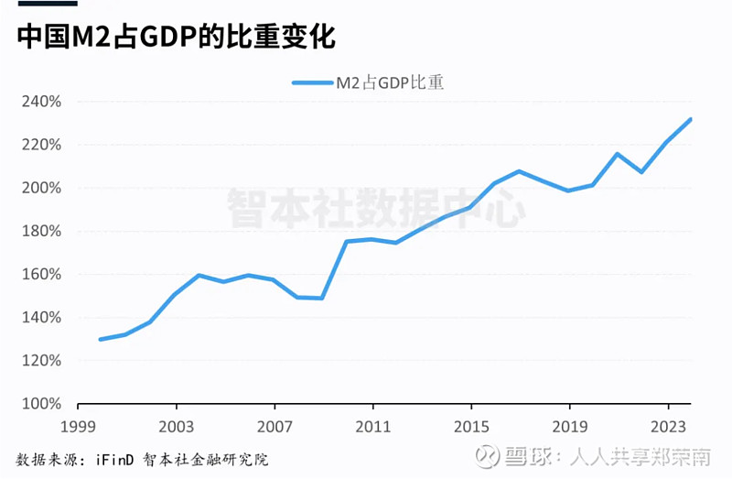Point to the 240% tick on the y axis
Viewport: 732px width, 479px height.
pyautogui.click(x=40, y=102)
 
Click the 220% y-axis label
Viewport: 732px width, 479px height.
pyautogui.click(x=40, y=145)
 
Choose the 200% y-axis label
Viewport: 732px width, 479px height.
pyautogui.click(x=40, y=188)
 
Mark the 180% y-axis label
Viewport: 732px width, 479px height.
pyautogui.click(x=40, y=231)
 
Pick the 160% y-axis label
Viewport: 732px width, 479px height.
pyautogui.click(x=40, y=275)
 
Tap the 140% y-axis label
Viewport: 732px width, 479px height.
pyautogui.click(x=40, y=318)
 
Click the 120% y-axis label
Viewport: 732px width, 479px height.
pyautogui.click(x=40, y=361)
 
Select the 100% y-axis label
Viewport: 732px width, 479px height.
pyautogui.click(x=40, y=404)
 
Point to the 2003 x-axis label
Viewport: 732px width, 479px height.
pyautogui.click(x=176, y=427)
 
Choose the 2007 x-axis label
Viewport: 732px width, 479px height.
pyautogui.click(x=274, y=427)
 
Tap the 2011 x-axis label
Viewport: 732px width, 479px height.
pyautogui.click(x=372, y=427)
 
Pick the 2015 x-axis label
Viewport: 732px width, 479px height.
pyautogui.click(x=471, y=427)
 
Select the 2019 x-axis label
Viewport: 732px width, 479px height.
pyautogui.click(x=569, y=427)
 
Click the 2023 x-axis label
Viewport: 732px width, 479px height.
pyautogui.click(x=668, y=427)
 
